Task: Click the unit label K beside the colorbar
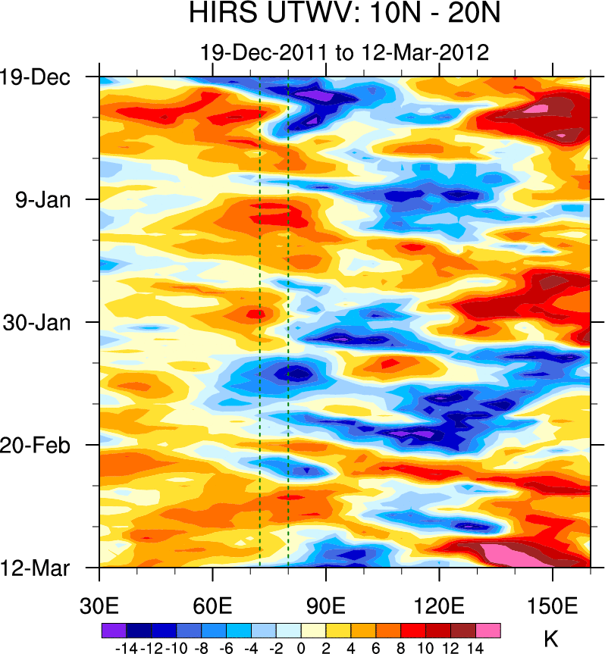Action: pyautogui.click(x=551, y=639)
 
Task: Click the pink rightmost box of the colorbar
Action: pyautogui.click(x=488, y=631)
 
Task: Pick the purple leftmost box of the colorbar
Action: pyautogui.click(x=113, y=631)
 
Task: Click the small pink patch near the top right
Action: pyautogui.click(x=537, y=109)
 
